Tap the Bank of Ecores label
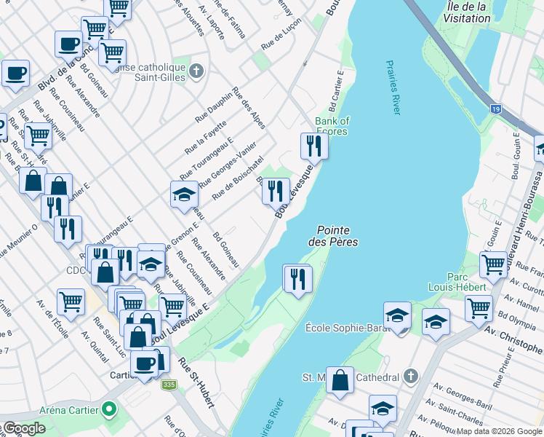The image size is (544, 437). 332,126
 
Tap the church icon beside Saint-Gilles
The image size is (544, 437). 196,71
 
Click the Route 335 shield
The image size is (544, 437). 170,385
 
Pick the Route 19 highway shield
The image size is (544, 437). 496,109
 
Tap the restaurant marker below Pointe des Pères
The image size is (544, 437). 297,278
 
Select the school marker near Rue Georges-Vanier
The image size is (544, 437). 185,195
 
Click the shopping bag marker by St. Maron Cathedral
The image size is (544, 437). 340,380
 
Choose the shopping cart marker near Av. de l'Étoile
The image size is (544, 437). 71,301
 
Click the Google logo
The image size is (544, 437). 24,429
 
